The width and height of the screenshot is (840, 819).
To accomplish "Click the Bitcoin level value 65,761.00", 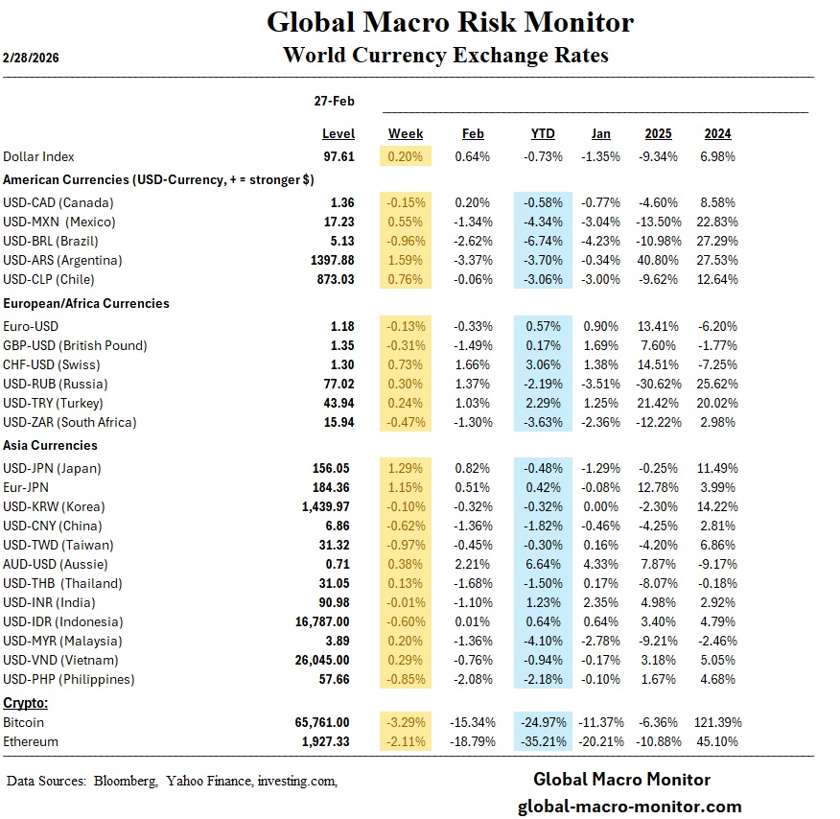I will pos(322,722).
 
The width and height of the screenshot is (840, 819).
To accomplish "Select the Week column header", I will pos(406,134).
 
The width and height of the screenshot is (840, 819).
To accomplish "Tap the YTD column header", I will pos(543,134).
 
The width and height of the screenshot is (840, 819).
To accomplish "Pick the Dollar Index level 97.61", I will pos(338,156).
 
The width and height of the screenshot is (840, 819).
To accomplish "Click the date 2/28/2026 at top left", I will pos(33,58).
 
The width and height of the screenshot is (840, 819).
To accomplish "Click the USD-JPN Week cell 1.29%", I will pos(407,468).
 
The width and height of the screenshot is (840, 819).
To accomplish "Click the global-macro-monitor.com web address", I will pos(629,806).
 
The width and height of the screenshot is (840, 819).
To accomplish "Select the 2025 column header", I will pos(659,134).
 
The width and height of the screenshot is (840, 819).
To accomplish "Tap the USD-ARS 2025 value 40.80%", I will pos(659,260).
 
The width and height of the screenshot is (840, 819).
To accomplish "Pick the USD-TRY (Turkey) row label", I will pos(54,403).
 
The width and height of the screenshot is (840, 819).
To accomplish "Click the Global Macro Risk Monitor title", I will pos(450,22).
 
